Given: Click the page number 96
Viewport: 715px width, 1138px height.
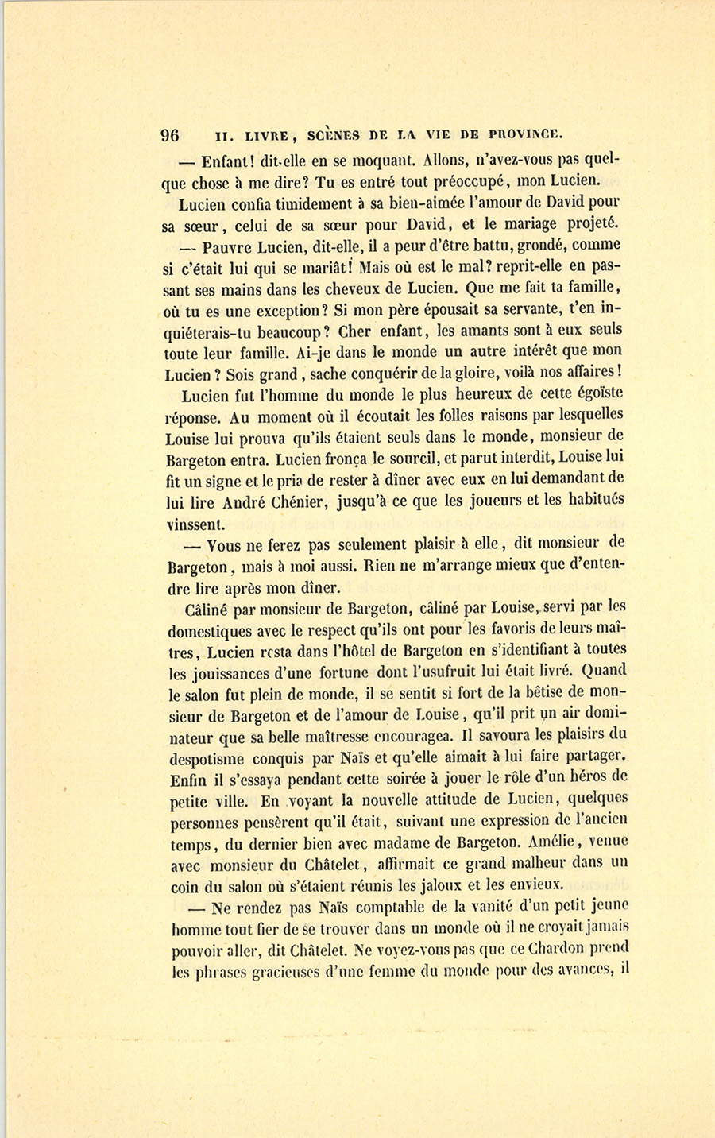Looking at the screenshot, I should (170, 134).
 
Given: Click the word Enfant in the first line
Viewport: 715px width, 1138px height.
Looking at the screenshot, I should (227, 158).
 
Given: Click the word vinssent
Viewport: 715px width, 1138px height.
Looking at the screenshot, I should (195, 524).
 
